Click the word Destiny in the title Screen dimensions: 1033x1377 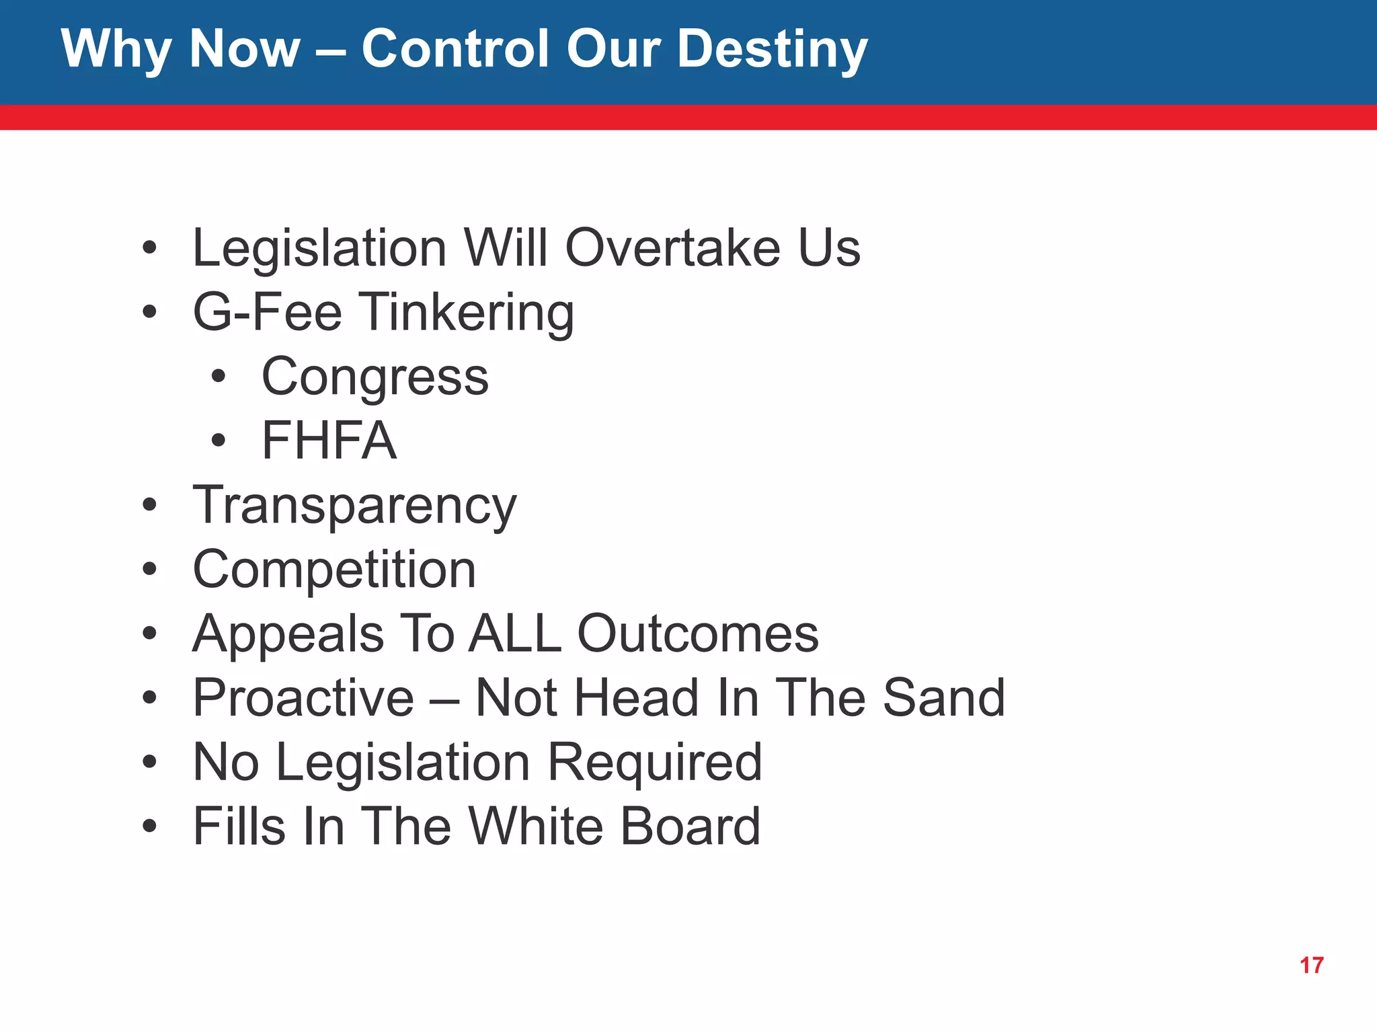tap(772, 50)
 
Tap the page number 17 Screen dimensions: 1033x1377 tap(1311, 966)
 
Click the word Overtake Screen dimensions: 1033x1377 tap(672, 247)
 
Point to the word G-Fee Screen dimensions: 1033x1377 tap(268, 312)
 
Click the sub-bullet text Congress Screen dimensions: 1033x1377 tap(375, 377)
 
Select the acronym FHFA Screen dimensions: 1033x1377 tap(329, 441)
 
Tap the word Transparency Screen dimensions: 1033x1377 tap(354, 506)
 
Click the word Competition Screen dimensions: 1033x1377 tap(334, 570)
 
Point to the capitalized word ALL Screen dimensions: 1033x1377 tap(515, 634)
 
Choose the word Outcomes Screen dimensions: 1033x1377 tap(698, 634)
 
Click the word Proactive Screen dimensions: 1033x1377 tap(303, 697)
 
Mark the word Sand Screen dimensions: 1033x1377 tap(943, 697)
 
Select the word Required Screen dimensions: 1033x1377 tap(655, 763)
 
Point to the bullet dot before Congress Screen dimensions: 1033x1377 tap(218, 377)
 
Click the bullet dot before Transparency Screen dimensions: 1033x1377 tap(149, 505)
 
